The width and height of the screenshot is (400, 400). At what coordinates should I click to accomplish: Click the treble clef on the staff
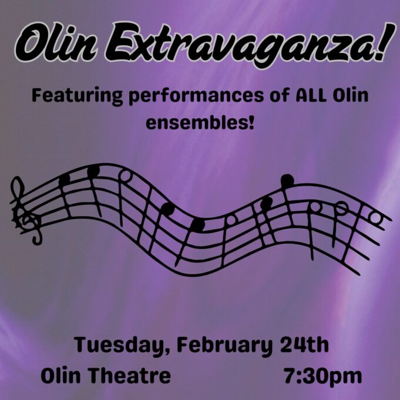26,211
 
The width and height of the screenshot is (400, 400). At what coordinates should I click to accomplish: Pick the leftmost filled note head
64,179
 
